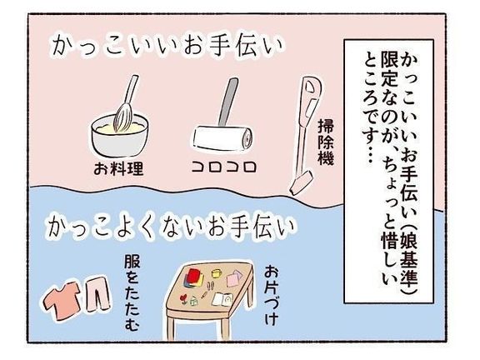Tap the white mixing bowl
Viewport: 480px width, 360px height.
coord(120,137)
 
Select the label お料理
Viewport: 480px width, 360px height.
coord(118,168)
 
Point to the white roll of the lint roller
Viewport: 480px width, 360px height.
coord(222,137)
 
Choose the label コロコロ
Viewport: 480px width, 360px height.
coord(224,167)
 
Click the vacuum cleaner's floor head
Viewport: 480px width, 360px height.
coord(302,183)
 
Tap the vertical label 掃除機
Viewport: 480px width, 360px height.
coord(326,142)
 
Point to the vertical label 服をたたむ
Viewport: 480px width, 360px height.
coord(132,293)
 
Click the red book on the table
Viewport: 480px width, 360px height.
coord(195,277)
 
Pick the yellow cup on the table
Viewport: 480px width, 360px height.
coord(216,273)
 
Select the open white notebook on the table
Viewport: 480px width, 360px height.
coord(222,299)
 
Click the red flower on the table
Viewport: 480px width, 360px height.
coord(184,297)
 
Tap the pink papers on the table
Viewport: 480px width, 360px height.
coord(234,277)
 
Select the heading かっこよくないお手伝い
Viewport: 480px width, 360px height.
coord(170,227)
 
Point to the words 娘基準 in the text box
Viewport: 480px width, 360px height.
coord(409,263)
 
